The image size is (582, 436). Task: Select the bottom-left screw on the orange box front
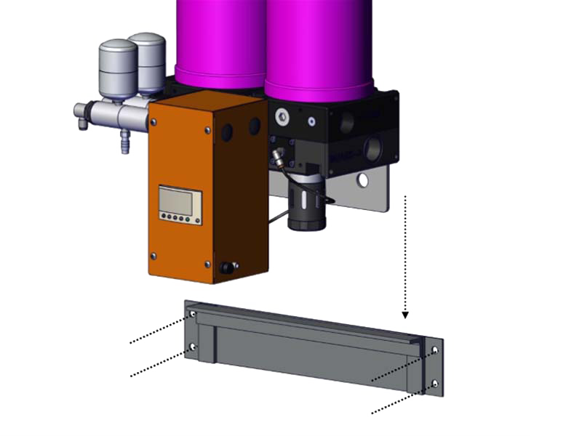click(154, 255)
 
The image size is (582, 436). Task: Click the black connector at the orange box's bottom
click(227, 267)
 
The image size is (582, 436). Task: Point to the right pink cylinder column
click(320, 44)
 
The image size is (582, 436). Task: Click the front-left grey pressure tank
click(118, 70)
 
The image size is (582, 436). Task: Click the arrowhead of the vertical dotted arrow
click(406, 315)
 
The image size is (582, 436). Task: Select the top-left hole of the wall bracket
click(193, 315)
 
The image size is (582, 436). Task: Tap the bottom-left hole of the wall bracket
click(193, 347)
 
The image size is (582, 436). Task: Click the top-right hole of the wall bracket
click(435, 350)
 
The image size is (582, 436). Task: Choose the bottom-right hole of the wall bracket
click(435, 383)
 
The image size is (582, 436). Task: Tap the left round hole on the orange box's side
click(227, 132)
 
